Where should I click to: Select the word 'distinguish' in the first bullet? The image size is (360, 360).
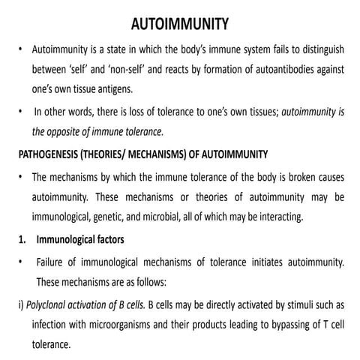tap(319, 50)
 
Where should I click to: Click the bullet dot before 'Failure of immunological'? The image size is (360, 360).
tap(20, 263)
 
